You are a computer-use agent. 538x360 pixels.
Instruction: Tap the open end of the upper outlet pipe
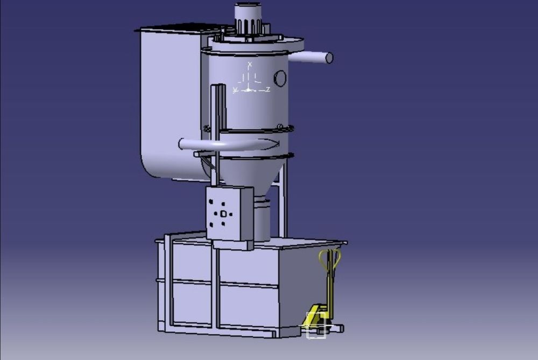tap(329, 58)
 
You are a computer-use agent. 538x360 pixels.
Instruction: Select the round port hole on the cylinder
tap(280, 79)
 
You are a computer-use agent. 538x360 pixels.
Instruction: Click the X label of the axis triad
tap(249, 65)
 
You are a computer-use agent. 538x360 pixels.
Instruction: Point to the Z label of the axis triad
tap(267, 89)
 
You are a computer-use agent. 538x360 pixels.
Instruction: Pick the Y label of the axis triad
tap(235, 90)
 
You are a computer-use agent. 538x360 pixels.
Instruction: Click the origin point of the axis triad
tap(249, 89)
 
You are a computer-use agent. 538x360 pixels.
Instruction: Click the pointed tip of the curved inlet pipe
tap(277, 143)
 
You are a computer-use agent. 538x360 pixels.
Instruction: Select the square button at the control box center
tap(223, 214)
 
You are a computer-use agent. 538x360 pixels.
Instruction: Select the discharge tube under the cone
tap(261, 221)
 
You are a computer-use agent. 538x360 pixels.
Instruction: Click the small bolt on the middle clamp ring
tap(280, 126)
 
